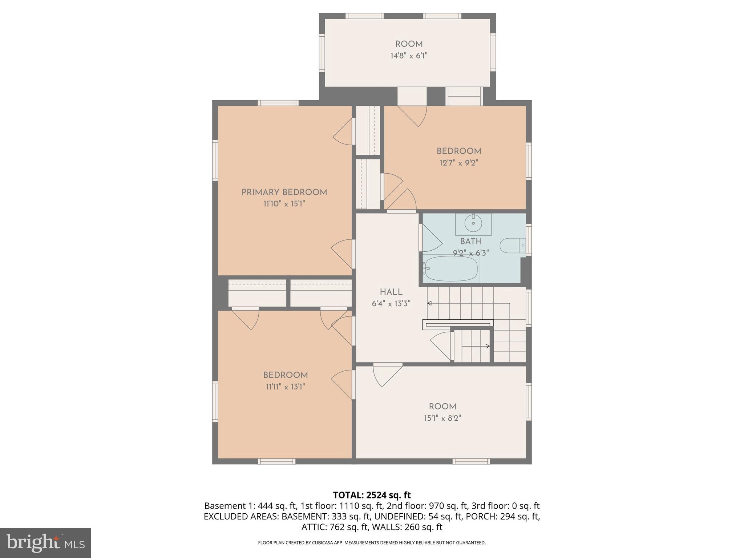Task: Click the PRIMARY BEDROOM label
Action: pyautogui.click(x=284, y=192)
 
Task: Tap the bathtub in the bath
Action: pyautogui.click(x=451, y=269)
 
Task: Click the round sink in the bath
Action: pyautogui.click(x=473, y=223)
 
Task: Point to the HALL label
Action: pyautogui.click(x=391, y=292)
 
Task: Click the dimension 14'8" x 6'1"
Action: pyautogui.click(x=409, y=56)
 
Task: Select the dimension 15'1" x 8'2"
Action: pyautogui.click(x=442, y=418)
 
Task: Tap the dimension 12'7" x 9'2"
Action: pyautogui.click(x=458, y=163)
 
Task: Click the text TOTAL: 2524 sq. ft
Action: pyautogui.click(x=372, y=495)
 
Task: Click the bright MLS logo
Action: pyautogui.click(x=45, y=543)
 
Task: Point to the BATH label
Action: pyautogui.click(x=471, y=241)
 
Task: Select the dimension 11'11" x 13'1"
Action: pyautogui.click(x=285, y=387)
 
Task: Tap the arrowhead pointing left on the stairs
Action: pyautogui.click(x=429, y=303)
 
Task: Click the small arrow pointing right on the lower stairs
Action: pyautogui.click(x=488, y=346)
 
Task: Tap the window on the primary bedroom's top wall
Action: pyautogui.click(x=278, y=103)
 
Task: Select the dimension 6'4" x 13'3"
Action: pyautogui.click(x=391, y=304)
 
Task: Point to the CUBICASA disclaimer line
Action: pyautogui.click(x=372, y=543)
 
